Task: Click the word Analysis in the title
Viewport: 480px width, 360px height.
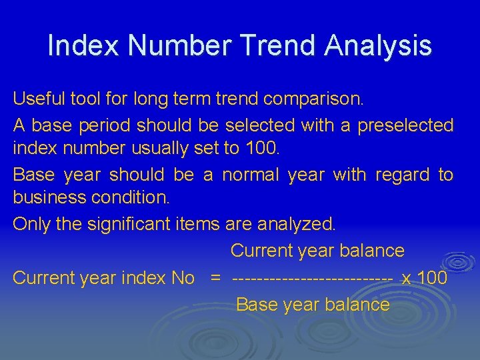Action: [378, 46]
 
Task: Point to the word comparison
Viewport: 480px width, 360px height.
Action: [314, 99]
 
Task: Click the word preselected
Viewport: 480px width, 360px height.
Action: [405, 125]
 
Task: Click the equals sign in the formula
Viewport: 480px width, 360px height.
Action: [215, 278]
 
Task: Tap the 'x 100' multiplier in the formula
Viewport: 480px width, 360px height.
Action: [424, 278]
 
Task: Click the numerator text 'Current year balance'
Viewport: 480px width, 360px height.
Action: [317, 251]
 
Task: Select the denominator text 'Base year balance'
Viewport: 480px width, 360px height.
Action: [313, 305]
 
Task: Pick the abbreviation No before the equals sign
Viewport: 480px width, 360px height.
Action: [182, 278]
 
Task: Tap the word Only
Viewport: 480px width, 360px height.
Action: [31, 224]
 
